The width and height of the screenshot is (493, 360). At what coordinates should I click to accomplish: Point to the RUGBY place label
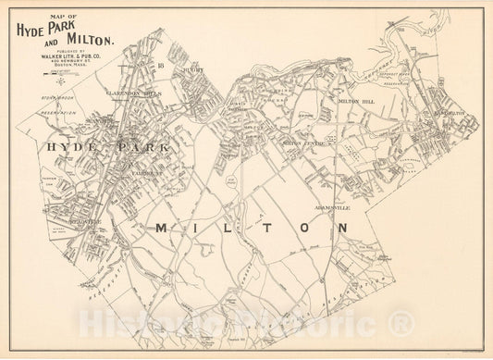coord(194,68)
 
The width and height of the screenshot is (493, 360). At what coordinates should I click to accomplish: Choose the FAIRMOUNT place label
coord(147,173)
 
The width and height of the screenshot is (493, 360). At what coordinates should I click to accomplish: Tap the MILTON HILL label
coord(357,103)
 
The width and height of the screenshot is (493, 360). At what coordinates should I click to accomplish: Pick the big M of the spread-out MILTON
coord(161,228)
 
